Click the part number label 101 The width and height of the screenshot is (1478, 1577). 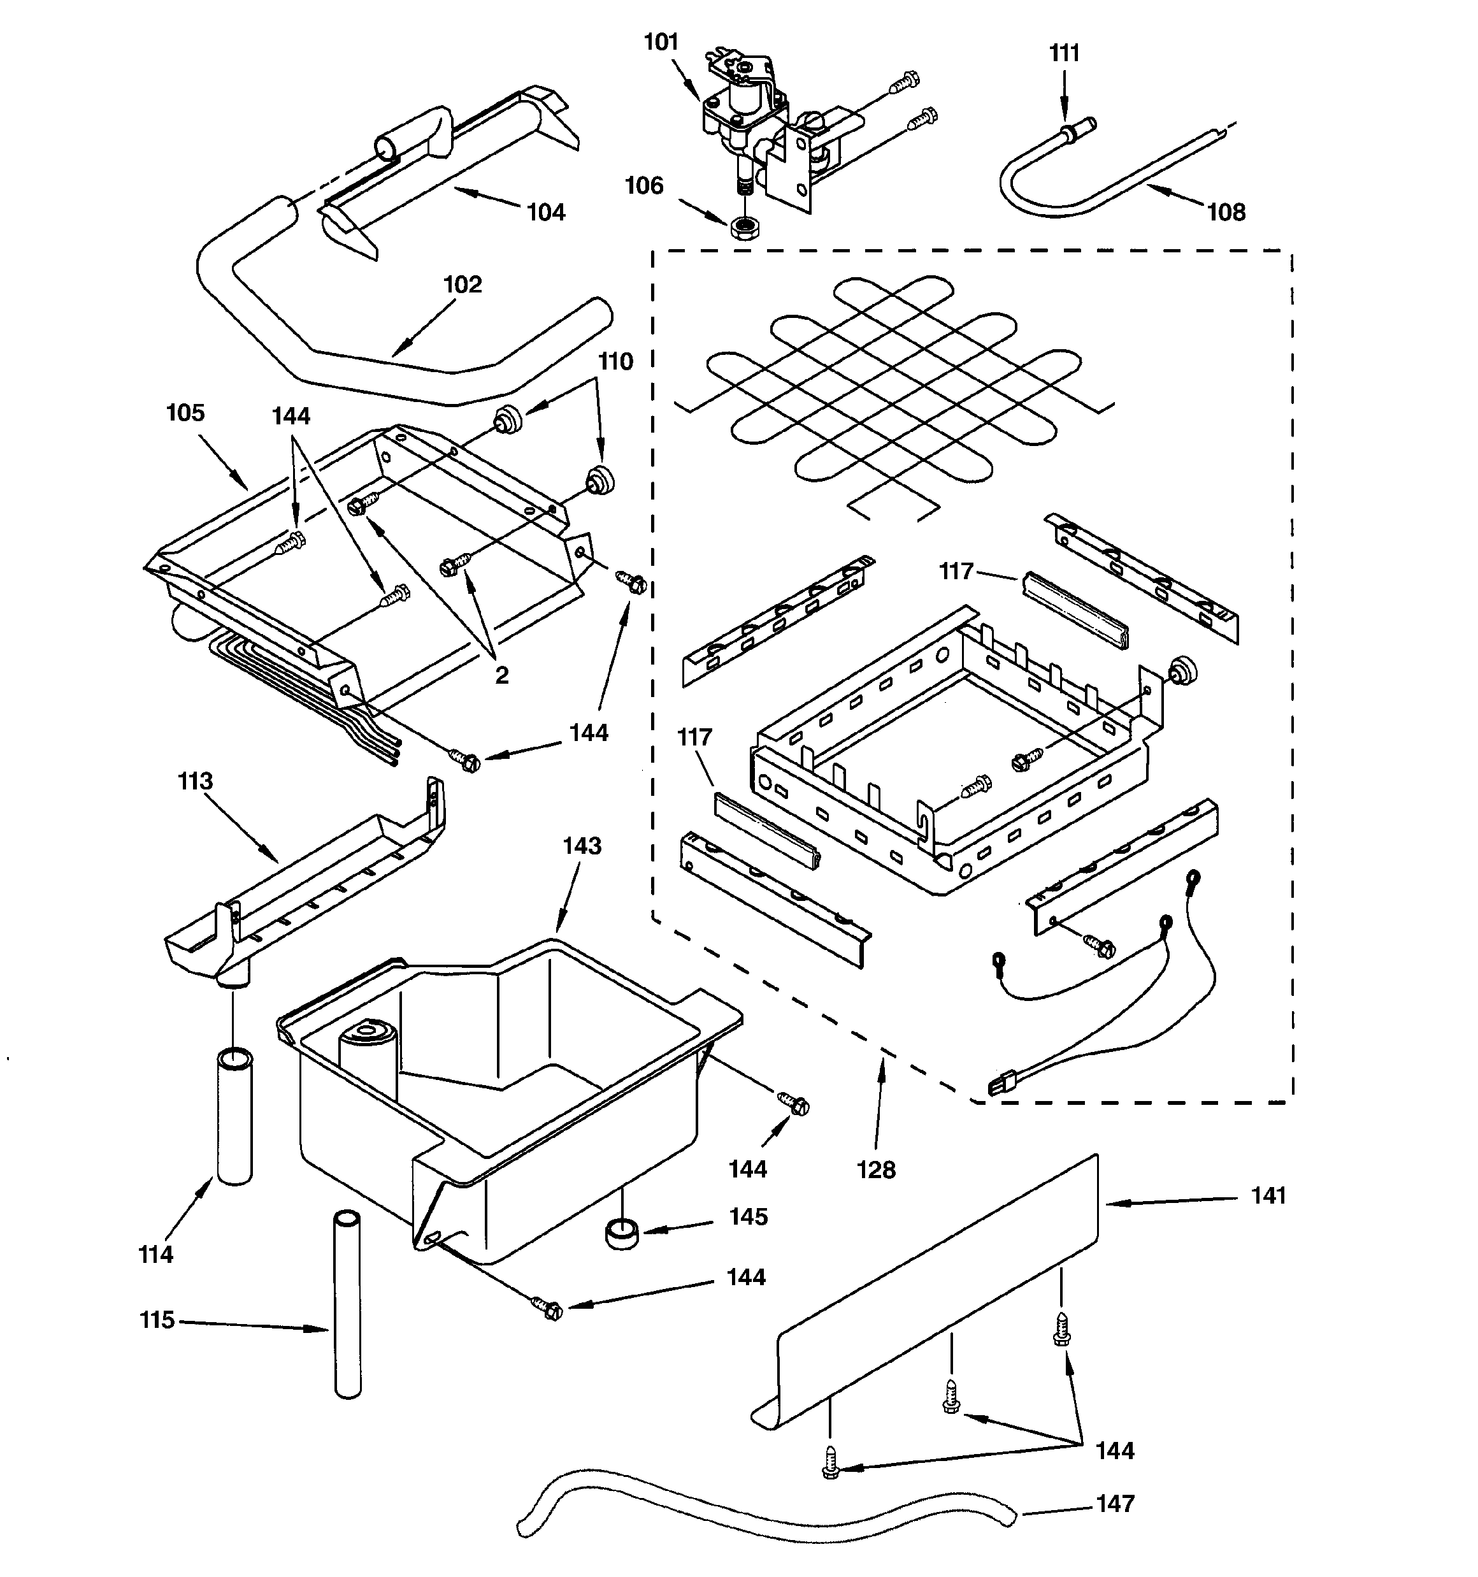tap(660, 41)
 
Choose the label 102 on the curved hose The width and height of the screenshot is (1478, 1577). tap(462, 284)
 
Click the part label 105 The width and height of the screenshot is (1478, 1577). tap(185, 412)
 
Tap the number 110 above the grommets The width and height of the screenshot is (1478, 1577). tap(615, 362)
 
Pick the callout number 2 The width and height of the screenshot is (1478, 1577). tap(501, 675)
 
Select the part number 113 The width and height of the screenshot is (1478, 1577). tap(195, 781)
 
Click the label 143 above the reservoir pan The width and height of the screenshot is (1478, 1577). tap(582, 846)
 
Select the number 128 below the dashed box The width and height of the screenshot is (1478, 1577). tap(876, 1170)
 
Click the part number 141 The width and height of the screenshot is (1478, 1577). tap(1268, 1195)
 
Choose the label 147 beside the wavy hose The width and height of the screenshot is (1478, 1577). tap(1115, 1503)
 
